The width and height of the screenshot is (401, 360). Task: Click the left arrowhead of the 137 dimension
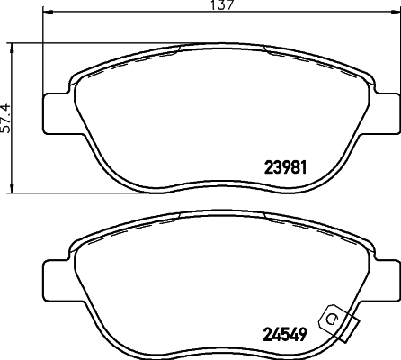[x=48, y=13]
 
